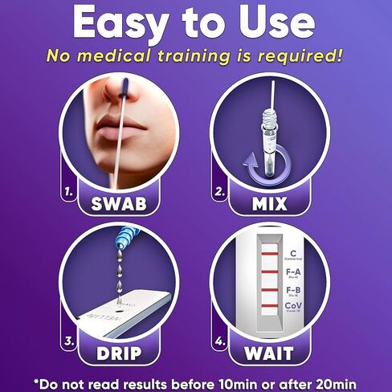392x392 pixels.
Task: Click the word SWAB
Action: click(119, 202)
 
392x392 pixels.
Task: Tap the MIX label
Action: click(270, 202)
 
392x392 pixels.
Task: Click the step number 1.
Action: click(70, 193)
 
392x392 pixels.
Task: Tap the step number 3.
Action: click(70, 341)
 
